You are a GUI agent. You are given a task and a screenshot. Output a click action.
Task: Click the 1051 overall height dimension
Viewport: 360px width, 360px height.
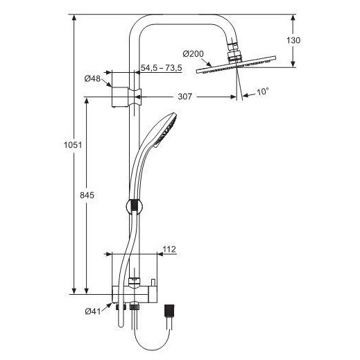[73, 145]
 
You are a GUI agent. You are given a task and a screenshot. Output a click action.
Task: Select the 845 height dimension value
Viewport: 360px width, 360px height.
[87, 196]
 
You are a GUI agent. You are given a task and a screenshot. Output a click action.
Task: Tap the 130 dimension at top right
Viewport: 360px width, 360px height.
[293, 40]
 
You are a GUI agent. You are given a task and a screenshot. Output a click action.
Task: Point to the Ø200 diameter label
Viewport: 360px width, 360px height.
[194, 54]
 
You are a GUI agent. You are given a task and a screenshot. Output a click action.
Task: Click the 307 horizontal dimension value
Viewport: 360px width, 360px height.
[185, 96]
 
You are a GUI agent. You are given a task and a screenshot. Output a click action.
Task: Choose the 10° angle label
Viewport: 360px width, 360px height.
[263, 92]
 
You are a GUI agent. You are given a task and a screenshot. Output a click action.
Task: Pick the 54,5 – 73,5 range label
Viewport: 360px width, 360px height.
[162, 68]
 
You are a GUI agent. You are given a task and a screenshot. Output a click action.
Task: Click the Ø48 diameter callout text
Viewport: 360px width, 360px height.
[92, 79]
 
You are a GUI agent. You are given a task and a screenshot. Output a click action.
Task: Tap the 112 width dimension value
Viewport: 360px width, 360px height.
[169, 249]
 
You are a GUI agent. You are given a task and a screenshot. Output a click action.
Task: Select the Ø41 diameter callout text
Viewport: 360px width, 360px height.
[93, 311]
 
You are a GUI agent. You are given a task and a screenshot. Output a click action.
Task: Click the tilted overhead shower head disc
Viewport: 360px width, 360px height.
[236, 65]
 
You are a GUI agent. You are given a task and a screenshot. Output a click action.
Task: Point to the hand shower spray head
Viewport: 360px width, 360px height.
[165, 130]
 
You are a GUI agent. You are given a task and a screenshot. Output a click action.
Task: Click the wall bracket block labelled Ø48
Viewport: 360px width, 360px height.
[120, 97]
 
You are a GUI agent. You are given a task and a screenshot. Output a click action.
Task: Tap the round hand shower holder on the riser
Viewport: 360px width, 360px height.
[135, 207]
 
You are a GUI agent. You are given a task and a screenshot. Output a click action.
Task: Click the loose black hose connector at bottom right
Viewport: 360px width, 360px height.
[169, 310]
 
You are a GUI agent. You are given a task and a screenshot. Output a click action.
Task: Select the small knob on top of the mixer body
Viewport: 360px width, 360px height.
[153, 283]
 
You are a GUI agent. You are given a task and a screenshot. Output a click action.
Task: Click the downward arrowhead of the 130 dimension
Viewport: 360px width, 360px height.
[293, 64]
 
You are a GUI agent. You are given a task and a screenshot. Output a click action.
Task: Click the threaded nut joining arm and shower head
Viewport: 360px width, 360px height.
[235, 56]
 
